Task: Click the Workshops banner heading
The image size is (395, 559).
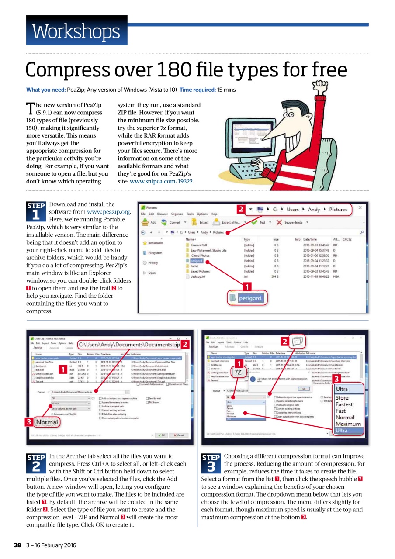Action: click(76, 31)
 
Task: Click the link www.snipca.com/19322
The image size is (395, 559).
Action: click(161, 181)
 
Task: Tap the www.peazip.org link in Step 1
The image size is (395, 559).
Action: click(109, 212)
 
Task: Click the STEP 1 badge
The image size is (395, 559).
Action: click(36, 210)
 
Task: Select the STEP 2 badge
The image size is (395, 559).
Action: click(36, 463)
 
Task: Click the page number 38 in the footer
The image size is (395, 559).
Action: click(17, 545)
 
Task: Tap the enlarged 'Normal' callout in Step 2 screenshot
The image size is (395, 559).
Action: click(47, 422)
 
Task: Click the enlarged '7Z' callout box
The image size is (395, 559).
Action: click(237, 373)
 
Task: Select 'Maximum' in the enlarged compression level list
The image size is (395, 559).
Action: click(348, 424)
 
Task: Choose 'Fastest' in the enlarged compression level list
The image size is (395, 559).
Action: click(344, 404)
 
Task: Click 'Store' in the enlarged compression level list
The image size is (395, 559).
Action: click(342, 398)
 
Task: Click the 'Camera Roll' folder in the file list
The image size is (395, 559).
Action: click(199, 245)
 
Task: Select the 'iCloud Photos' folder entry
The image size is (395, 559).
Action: click(200, 255)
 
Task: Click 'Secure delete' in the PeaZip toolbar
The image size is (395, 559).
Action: click(293, 222)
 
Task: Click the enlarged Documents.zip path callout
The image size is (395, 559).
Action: click(129, 345)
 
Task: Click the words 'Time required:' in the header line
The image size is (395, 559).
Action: click(197, 90)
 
